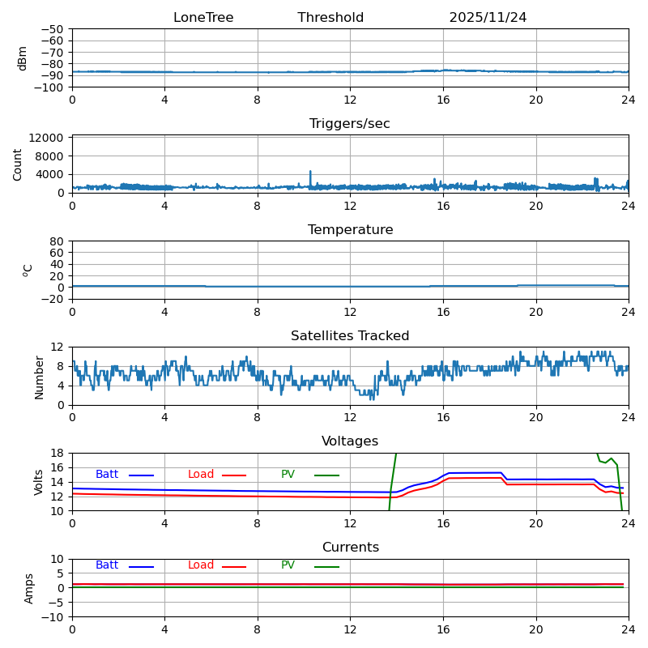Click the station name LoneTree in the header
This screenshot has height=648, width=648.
pos(203,18)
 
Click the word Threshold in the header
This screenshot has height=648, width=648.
pos(330,18)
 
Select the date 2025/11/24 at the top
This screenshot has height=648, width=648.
pos(488,18)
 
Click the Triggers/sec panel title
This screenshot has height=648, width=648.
pos(350,124)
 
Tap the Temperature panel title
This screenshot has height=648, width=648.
pos(350,230)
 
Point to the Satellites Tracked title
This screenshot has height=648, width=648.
pos(350,336)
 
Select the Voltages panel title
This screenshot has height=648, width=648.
pos(350,441)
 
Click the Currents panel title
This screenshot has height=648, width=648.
pos(350,548)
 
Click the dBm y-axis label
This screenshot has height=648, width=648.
pos(23,58)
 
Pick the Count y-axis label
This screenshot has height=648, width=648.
pos(18,164)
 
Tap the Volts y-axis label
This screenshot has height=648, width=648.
pos(39,482)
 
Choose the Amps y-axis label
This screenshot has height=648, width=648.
pos(29,588)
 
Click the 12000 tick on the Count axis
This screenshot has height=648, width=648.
pos(48,139)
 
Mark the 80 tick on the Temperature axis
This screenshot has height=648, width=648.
pos(58,241)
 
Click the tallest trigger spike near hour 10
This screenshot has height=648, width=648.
pos(310,172)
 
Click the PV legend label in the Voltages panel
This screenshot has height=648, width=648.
pos(288,475)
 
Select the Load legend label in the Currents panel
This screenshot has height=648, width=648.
pos(201,565)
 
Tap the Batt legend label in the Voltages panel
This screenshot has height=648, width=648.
pos(107,475)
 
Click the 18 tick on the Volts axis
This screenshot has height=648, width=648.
pos(58,453)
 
